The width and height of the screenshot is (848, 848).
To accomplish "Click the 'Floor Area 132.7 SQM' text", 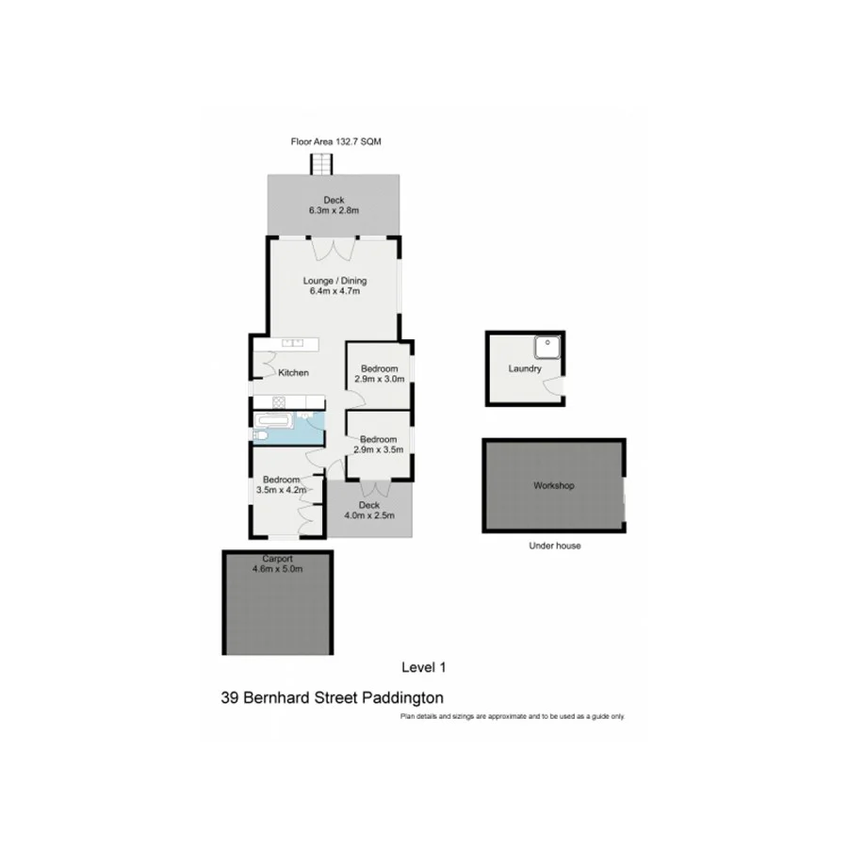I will coord(335,141).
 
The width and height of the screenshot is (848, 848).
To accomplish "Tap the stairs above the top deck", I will coord(323,164).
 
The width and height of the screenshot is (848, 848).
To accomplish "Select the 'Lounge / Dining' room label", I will coord(334,280).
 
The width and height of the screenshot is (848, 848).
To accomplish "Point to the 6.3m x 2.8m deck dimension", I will coord(334,211).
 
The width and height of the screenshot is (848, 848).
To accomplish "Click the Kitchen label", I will coord(293,373).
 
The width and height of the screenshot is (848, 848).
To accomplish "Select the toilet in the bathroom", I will coord(260,434).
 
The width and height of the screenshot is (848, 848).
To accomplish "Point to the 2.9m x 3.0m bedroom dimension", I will coord(379,380).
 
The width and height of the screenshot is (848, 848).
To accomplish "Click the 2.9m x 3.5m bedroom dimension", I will coord(379,449).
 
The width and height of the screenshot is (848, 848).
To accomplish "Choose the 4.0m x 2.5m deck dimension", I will coord(369,515).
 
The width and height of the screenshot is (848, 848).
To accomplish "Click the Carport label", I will coord(277,558).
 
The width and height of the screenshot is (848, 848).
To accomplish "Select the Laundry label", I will coord(524,368).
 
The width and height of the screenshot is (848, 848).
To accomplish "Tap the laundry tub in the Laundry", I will coord(547,348).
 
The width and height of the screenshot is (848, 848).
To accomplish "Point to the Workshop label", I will coord(553,486).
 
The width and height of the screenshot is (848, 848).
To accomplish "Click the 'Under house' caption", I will coord(555,546).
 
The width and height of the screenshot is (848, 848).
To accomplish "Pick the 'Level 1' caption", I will coord(423,667).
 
